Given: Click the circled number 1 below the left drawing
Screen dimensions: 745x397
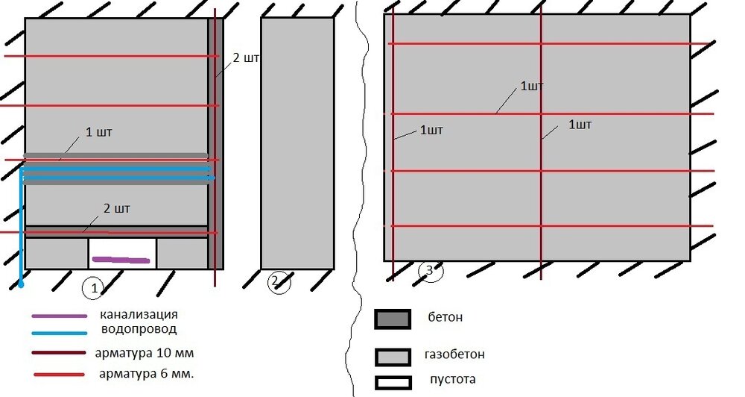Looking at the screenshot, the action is [93, 288].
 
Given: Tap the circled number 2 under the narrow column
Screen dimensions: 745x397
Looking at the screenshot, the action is [279, 282].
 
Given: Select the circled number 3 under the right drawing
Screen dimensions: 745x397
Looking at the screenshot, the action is [431, 271].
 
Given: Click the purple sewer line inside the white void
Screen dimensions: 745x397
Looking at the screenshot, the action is [121, 260].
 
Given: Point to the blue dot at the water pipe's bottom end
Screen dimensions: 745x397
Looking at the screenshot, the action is [21, 284].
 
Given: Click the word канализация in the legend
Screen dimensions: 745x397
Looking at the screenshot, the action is [139, 315].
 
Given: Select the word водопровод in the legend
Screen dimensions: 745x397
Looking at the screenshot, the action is [139, 328].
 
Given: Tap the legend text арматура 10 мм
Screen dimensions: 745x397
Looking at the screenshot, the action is [145, 353].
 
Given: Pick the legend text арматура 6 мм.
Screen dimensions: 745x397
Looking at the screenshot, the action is [146, 374].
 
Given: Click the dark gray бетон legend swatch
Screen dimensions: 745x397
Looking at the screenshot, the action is [393, 319].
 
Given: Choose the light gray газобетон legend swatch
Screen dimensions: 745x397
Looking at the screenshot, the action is [393, 357].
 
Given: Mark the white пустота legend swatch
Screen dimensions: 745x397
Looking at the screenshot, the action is [393, 383].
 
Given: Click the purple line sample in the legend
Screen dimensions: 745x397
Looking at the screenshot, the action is [60, 316].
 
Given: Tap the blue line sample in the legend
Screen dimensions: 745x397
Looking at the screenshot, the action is [60, 334].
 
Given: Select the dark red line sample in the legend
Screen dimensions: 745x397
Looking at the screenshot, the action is [59, 353].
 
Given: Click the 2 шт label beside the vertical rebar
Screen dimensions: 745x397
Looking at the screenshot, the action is [246, 58].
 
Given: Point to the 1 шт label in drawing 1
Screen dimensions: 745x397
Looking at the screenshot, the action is [99, 132].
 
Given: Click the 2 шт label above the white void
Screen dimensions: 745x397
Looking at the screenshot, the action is [116, 208].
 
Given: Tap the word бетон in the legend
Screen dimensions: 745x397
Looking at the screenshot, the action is [446, 317].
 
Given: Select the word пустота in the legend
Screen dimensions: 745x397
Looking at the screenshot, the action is [452, 379].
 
